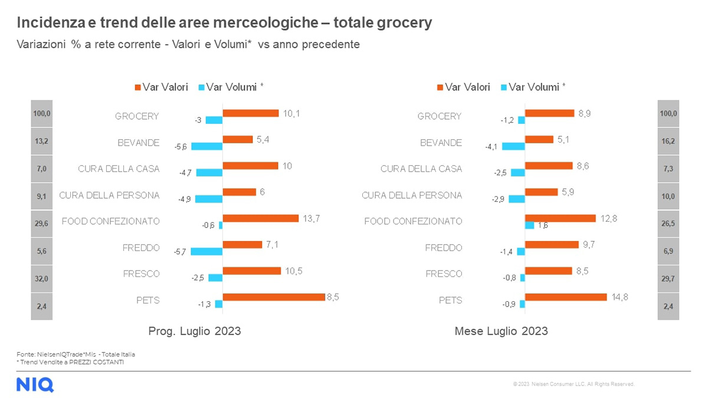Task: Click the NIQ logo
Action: pyautogui.click(x=35, y=384)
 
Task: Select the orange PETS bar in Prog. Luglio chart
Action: pyautogui.click(x=274, y=297)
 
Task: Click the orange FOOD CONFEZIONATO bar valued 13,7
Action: pyautogui.click(x=260, y=218)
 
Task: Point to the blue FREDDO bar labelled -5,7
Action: pyautogui.click(x=206, y=251)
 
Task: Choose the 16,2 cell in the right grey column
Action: pyautogui.click(x=668, y=142)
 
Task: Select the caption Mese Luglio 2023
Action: pyautogui.click(x=501, y=331)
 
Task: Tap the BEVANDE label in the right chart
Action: pyautogui.click(x=441, y=143)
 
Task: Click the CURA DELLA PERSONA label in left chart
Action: pyautogui.click(x=110, y=195)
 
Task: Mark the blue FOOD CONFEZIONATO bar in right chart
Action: pyautogui.click(x=529, y=225)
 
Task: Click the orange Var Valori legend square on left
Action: pyautogui.click(x=137, y=87)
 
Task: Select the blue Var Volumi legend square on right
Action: pyautogui.click(x=503, y=87)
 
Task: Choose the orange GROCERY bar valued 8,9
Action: pyautogui.click(x=549, y=113)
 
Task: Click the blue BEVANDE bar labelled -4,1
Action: pyautogui.click(x=513, y=146)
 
